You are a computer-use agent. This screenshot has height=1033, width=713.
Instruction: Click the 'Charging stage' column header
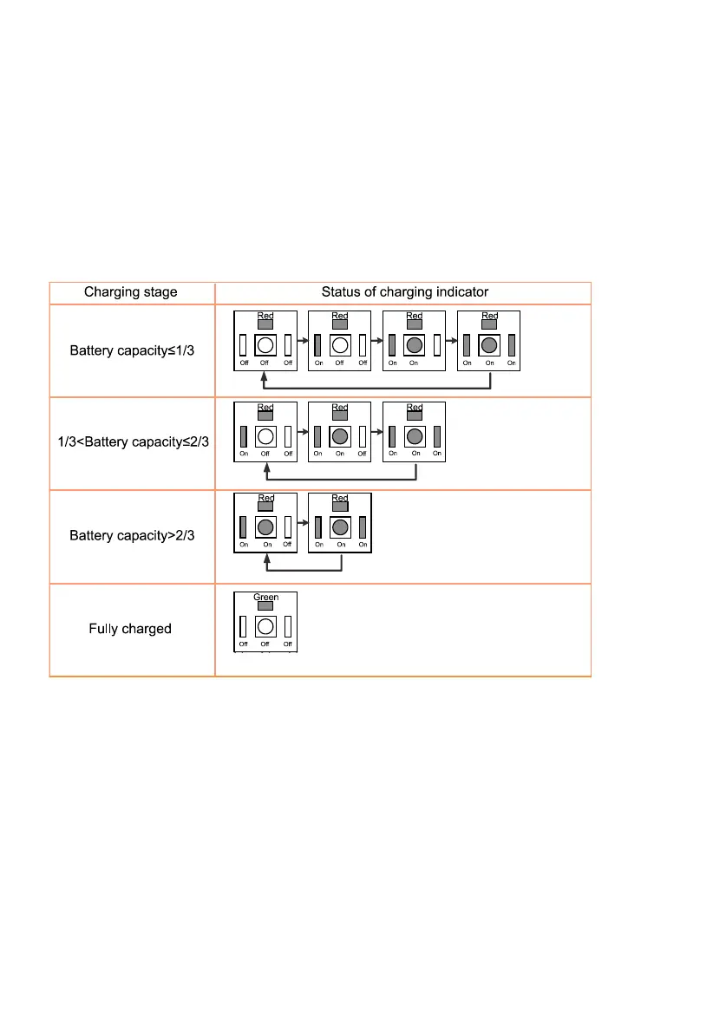[x=131, y=292]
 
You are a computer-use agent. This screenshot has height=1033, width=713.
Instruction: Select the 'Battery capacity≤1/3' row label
[x=131, y=351]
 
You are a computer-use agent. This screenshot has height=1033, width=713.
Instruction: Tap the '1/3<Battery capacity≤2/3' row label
[x=131, y=444]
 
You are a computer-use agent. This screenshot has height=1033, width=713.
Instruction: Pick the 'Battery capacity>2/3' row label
[x=131, y=536]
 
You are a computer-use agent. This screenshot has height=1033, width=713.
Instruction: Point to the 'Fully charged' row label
[x=130, y=628]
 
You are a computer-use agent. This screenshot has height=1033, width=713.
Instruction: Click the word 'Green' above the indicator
[x=265, y=598]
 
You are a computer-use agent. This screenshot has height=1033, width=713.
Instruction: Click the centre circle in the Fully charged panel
[x=265, y=626]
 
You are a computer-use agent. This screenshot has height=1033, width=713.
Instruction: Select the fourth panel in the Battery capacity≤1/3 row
[x=489, y=340]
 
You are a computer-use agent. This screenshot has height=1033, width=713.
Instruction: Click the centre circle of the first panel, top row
[x=265, y=344]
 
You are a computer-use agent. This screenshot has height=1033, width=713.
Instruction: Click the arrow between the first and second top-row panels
[x=303, y=339]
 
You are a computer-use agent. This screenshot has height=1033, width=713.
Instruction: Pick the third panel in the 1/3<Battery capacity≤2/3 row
[x=415, y=431]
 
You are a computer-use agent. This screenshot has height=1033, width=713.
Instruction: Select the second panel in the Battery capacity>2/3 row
[x=340, y=523]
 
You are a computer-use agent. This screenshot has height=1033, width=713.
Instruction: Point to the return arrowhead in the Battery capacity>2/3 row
[x=267, y=563]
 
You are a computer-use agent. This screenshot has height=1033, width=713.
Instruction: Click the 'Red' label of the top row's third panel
[x=415, y=316]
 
